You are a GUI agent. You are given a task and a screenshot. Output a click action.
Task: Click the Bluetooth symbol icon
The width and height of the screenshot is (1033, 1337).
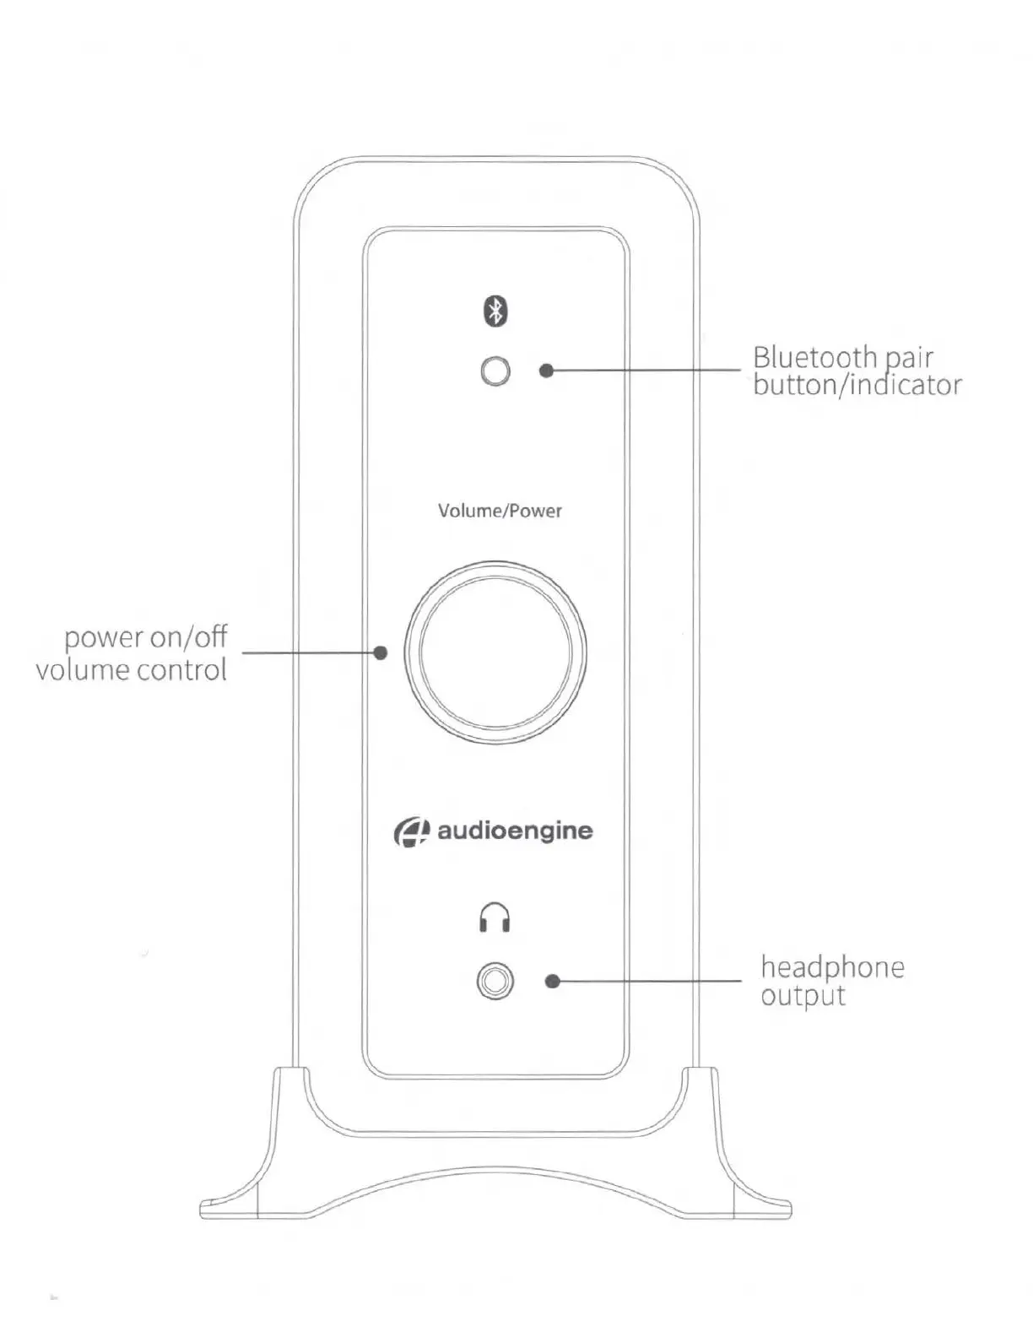[x=495, y=311]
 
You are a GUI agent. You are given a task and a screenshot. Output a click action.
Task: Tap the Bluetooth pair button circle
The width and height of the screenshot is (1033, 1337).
[x=495, y=371]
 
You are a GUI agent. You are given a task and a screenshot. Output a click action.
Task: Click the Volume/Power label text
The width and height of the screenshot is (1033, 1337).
[x=500, y=511]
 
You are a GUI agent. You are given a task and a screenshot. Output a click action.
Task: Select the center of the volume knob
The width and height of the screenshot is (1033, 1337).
[x=495, y=652]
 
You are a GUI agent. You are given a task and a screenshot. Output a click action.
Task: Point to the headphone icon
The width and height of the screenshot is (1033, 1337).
[x=495, y=917]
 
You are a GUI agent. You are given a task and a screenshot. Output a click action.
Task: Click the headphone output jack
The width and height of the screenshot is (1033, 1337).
[x=495, y=982]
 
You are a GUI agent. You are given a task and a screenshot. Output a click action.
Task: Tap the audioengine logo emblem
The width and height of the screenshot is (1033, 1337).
[x=411, y=831]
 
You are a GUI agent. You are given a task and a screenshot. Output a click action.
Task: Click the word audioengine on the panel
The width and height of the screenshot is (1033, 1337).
[x=515, y=831]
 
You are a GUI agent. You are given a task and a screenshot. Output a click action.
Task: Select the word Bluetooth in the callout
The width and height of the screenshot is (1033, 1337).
[x=814, y=357]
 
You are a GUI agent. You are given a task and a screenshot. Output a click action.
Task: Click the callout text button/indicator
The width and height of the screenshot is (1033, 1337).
[x=857, y=386]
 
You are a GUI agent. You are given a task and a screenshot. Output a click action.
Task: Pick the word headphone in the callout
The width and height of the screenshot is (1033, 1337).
[x=832, y=966]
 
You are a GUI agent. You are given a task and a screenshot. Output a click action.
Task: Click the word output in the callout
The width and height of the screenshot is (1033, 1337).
[x=803, y=996]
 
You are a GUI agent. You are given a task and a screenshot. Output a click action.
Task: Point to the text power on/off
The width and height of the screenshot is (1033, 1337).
[x=146, y=637]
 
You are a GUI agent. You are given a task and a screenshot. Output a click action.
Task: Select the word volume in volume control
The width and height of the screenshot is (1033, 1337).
[x=82, y=670]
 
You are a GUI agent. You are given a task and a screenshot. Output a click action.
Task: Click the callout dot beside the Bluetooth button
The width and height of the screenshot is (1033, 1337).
[x=547, y=370]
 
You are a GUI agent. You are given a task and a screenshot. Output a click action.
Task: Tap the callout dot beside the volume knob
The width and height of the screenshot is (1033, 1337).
[x=381, y=652]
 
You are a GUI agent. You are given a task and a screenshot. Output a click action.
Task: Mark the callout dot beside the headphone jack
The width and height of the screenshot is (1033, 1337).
[x=553, y=981]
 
